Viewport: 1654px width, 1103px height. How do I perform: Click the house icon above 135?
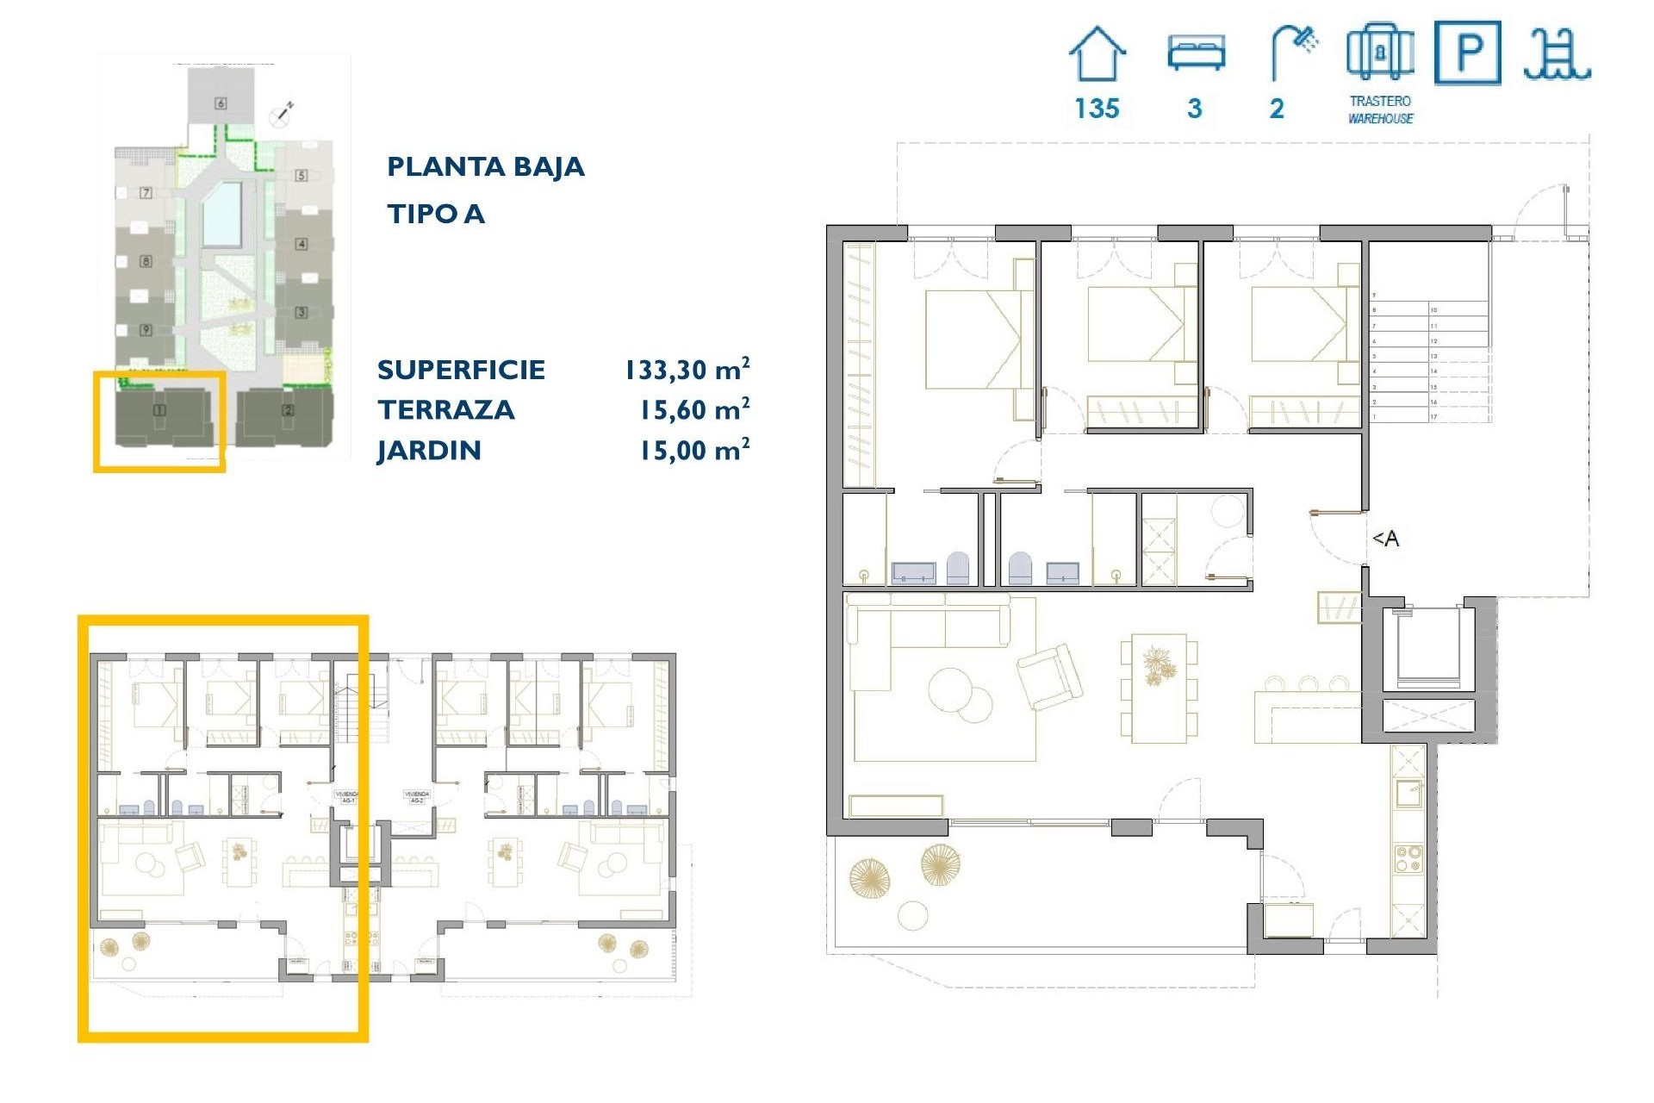point(1097,53)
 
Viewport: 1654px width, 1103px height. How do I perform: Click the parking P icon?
point(1468,53)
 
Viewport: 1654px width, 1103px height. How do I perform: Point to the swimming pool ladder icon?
point(1557,53)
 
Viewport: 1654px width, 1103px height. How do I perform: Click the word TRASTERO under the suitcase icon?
point(1380,101)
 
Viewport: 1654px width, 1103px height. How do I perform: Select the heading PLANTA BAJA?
point(485,166)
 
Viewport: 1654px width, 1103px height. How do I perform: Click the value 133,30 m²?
point(687,370)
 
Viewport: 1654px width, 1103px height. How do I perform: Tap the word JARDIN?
point(429,450)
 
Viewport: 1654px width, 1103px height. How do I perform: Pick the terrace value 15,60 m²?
point(693,410)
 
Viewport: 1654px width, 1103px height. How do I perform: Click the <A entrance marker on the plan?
point(1385,539)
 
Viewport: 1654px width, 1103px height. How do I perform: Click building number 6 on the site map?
point(221,103)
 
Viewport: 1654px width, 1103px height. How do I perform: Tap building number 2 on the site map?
point(288,410)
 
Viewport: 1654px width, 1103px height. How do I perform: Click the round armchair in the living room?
point(1049,676)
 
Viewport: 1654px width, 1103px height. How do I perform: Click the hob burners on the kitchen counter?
point(1408,859)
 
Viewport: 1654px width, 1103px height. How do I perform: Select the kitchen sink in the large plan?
point(1408,793)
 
